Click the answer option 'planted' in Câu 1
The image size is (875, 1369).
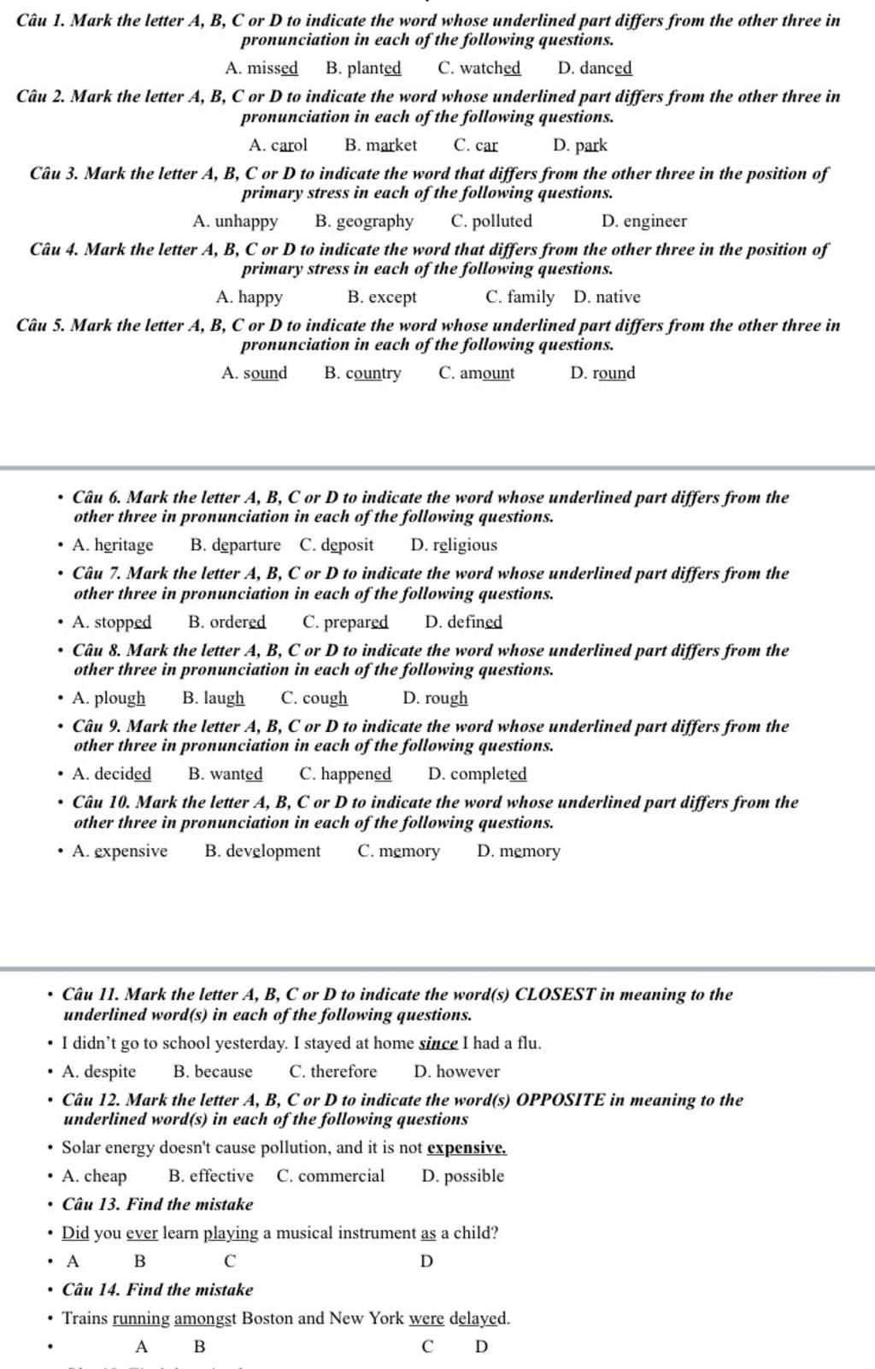pyautogui.click(x=373, y=68)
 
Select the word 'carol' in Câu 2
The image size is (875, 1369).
pyautogui.click(x=289, y=145)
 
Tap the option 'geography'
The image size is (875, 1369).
pyautogui.click(x=374, y=221)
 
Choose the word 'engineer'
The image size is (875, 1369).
pyautogui.click(x=655, y=221)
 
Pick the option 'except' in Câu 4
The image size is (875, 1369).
pyautogui.click(x=392, y=298)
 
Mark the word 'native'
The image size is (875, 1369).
pyautogui.click(x=618, y=298)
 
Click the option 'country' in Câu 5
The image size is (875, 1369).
pyautogui.click(x=373, y=374)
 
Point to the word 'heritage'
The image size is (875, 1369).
pyautogui.click(x=123, y=546)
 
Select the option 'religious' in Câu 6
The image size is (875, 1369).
pyautogui.click(x=465, y=546)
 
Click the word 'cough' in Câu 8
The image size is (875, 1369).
pyautogui.click(x=325, y=699)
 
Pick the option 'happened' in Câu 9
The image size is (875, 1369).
pyautogui.click(x=356, y=775)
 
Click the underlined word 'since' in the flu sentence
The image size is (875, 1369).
pyautogui.click(x=438, y=1043)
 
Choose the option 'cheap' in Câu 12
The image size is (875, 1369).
pyautogui.click(x=105, y=1177)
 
